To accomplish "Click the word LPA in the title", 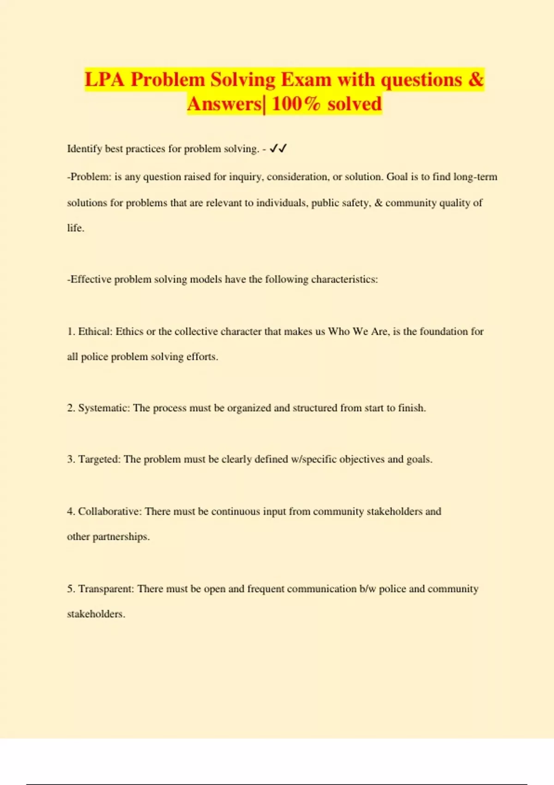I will click(104, 79).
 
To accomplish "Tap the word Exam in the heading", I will click(306, 79).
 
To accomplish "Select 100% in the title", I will click(296, 103).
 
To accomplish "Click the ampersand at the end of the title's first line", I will click(476, 79).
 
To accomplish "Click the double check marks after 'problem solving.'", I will click(278, 148).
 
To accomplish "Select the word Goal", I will click(397, 177).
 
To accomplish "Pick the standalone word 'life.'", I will click(76, 228).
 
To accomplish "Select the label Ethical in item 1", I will click(95, 332).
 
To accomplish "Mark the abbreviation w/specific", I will click(313, 459).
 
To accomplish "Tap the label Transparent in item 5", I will click(106, 589).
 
